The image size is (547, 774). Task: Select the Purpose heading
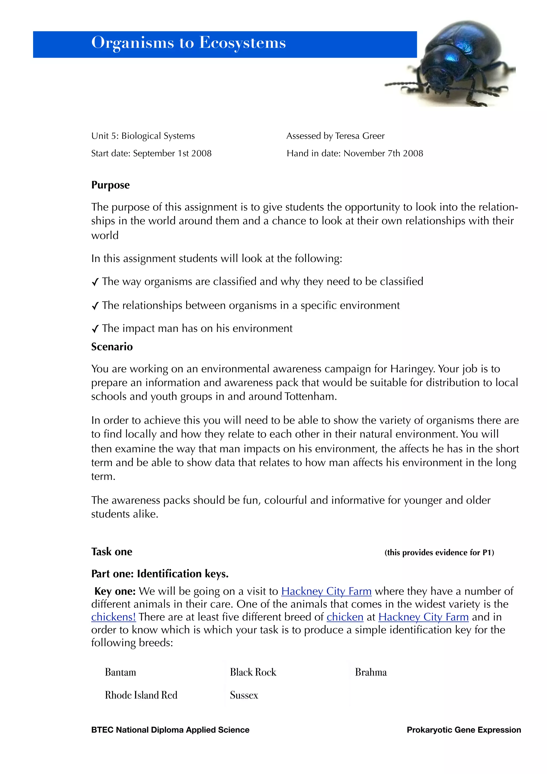(110, 185)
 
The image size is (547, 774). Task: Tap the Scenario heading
(112, 347)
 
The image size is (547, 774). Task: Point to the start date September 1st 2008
(172, 153)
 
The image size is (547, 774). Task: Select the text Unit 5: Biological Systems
(143, 136)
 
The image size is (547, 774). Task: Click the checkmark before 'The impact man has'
(95, 329)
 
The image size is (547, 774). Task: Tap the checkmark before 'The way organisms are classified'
(95, 282)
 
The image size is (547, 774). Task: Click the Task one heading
(112, 552)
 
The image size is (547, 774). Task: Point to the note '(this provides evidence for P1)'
(439, 553)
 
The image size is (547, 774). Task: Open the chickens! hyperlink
(113, 617)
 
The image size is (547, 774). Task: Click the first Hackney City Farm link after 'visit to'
(326, 591)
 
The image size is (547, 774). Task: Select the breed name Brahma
(370, 672)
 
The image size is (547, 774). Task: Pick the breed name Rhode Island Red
(141, 695)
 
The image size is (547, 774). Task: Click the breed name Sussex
(244, 695)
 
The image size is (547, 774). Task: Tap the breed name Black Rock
(253, 672)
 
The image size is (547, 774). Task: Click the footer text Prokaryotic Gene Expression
(463, 730)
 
